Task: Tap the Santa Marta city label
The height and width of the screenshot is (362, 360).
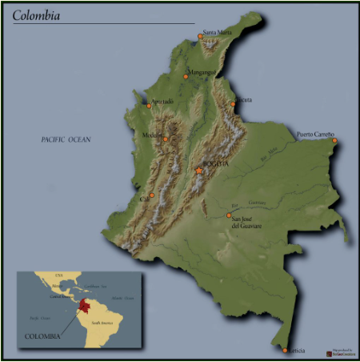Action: [x=218, y=33]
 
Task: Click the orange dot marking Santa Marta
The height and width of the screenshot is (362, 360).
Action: [x=200, y=36]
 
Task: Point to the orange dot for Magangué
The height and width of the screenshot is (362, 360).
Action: [x=186, y=77]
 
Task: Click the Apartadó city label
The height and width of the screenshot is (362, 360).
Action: [x=162, y=102]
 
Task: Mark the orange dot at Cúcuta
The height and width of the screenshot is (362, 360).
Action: [x=234, y=104]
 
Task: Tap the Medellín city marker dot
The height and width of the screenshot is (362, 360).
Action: [x=166, y=139]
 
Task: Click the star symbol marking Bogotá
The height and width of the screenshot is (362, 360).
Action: [x=198, y=171]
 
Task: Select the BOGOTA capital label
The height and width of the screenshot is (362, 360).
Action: [x=216, y=164]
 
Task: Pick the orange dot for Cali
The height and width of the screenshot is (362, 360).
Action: [x=151, y=195]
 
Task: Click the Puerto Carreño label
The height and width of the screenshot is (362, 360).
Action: [x=315, y=135]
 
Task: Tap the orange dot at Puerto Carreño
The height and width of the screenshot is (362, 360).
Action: [x=334, y=141]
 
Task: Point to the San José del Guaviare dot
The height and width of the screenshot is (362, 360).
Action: [x=228, y=215]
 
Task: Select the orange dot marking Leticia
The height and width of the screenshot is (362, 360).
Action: [x=285, y=349]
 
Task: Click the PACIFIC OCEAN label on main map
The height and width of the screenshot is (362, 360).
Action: [x=66, y=139]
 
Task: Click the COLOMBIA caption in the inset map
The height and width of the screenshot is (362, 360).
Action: [x=42, y=336]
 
